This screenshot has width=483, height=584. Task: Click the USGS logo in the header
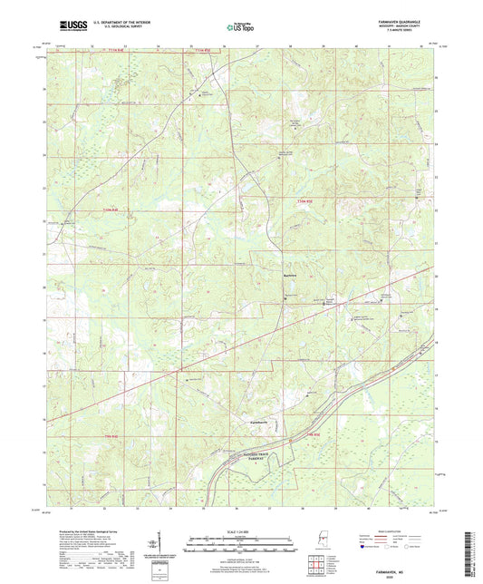point(63,27)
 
